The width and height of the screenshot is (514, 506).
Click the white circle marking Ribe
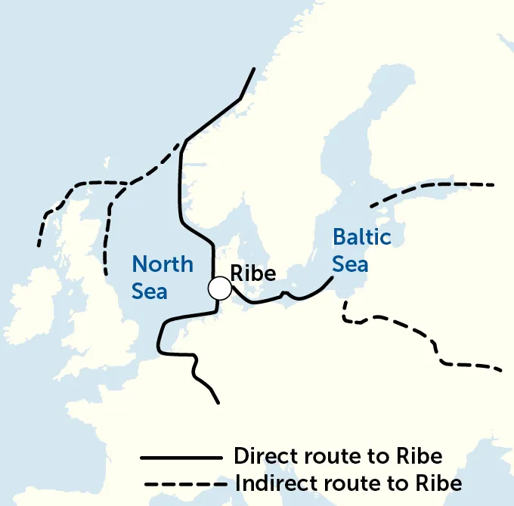click(x=220, y=288)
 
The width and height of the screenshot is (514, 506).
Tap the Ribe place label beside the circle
click(x=252, y=273)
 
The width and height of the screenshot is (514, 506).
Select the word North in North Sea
click(x=163, y=264)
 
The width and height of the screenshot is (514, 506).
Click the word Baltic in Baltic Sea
click(x=362, y=237)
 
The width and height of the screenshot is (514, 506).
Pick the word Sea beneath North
click(x=150, y=292)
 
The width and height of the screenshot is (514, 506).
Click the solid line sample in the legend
click(x=181, y=458)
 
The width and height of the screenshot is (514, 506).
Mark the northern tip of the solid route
click(x=255, y=69)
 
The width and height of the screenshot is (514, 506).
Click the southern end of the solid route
click(x=218, y=403)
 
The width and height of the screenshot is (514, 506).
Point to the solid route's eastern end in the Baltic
click(x=333, y=278)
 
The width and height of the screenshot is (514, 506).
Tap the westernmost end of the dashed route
click(x=39, y=245)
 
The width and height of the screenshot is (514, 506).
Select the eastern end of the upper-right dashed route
click(x=494, y=184)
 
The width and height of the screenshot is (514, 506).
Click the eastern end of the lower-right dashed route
click(x=501, y=371)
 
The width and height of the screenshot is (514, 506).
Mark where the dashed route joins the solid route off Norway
click(x=182, y=143)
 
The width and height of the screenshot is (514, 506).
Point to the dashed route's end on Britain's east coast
click(x=106, y=271)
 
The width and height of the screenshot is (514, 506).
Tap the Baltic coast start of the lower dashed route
click(x=344, y=302)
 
